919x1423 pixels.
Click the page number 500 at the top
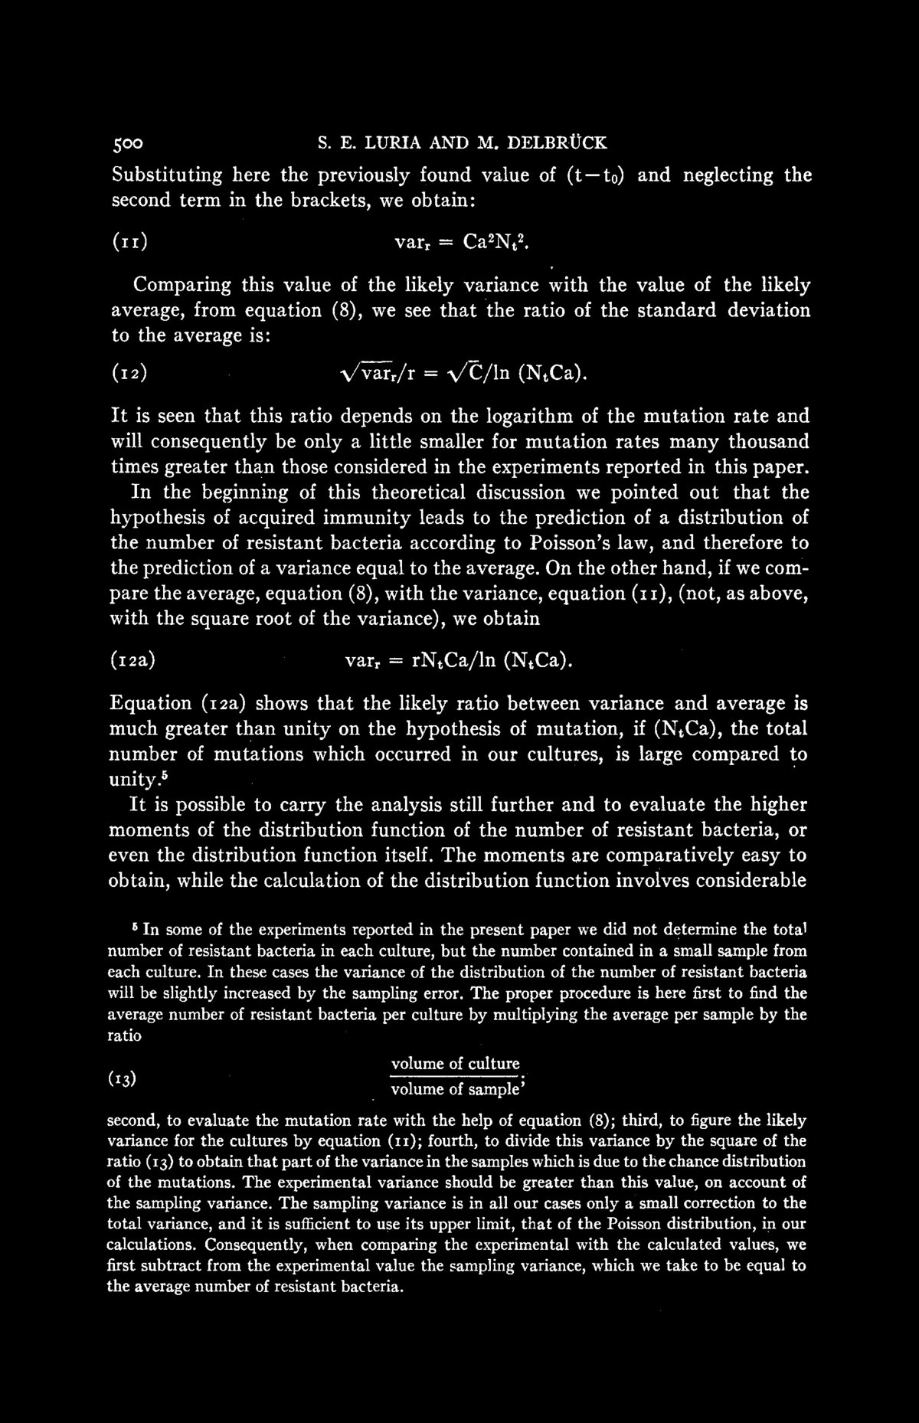click(128, 143)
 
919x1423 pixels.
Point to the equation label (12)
click(129, 376)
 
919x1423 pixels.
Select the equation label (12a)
click(134, 660)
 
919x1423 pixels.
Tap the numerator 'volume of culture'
click(455, 1064)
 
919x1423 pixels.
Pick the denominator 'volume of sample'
click(455, 1090)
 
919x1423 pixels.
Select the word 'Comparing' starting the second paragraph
click(181, 286)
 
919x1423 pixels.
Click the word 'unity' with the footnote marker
click(134, 780)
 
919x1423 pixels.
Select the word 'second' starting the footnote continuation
click(132, 1120)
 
